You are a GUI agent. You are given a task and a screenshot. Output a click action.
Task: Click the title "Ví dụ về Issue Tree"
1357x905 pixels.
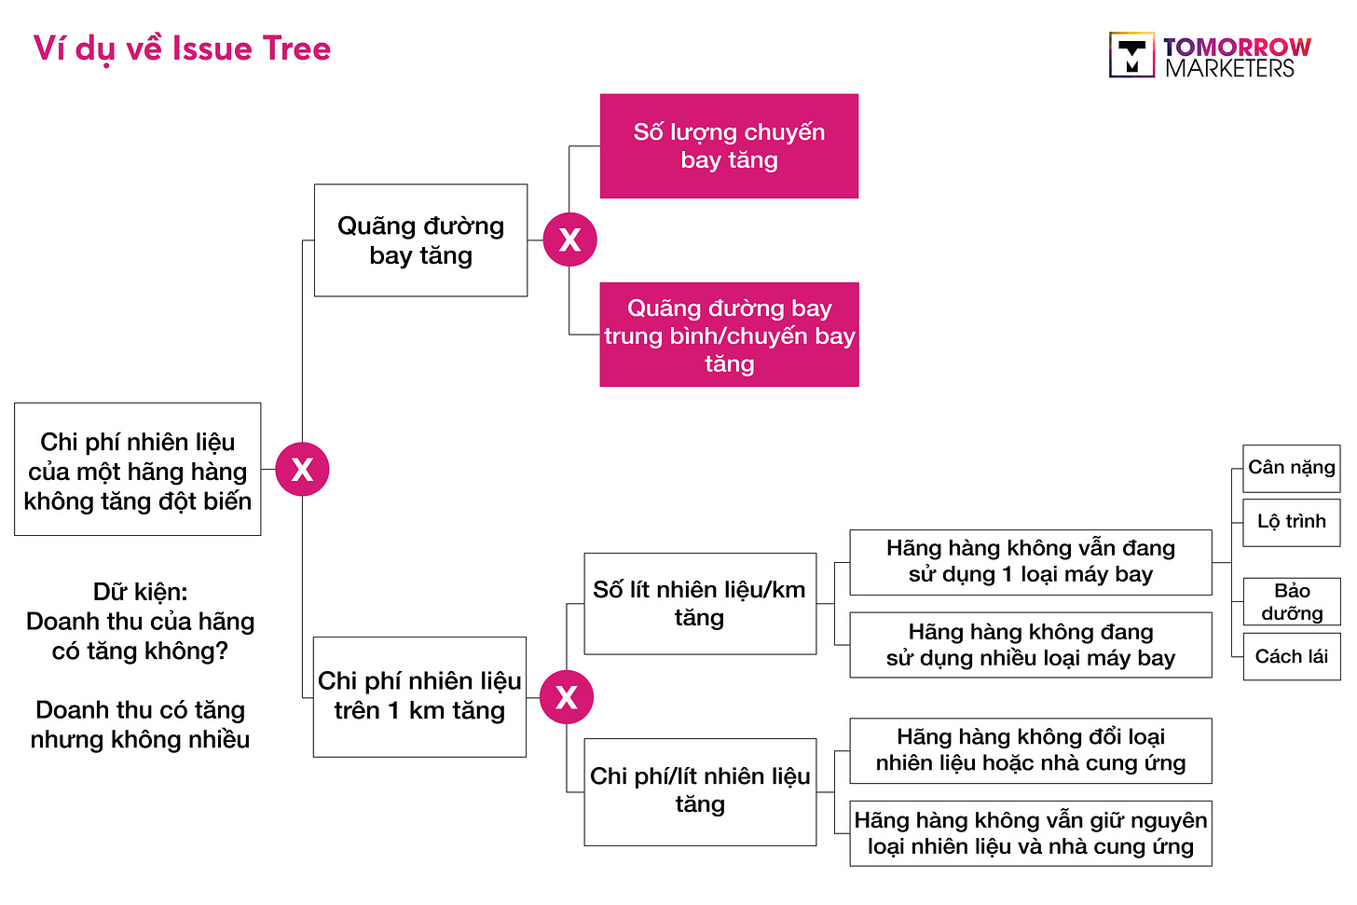[x=182, y=48]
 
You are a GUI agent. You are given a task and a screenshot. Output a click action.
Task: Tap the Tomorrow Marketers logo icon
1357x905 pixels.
[x=1131, y=55]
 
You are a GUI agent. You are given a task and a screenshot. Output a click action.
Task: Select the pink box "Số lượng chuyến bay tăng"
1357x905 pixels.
[x=729, y=146]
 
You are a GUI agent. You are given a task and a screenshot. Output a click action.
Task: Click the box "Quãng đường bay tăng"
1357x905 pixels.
[x=420, y=240]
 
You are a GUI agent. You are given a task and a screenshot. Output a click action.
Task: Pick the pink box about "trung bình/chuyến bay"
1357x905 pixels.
[x=729, y=335]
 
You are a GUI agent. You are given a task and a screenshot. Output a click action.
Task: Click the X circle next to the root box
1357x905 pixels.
[x=302, y=469]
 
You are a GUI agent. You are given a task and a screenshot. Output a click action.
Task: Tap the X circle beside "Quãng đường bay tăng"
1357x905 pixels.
[x=569, y=240]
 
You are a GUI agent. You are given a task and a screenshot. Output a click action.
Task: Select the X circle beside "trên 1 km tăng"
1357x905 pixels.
[x=566, y=697]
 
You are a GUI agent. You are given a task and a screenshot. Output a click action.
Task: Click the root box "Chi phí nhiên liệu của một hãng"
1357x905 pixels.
[x=138, y=470]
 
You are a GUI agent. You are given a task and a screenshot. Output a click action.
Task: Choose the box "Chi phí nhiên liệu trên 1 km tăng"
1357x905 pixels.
[x=419, y=696]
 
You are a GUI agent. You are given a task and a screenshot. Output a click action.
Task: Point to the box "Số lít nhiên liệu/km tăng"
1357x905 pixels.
[x=700, y=604]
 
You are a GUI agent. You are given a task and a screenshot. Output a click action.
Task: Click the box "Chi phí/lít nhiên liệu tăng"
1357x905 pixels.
[x=700, y=791]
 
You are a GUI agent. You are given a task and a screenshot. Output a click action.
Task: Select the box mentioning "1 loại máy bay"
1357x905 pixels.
[x=1030, y=562]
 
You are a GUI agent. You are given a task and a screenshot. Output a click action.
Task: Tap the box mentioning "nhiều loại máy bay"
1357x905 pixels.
[x=1030, y=645]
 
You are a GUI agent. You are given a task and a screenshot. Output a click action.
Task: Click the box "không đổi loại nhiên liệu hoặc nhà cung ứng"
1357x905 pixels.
[x=1030, y=750]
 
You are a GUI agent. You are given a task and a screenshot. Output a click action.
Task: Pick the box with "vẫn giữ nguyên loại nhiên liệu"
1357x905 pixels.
[x=1030, y=833]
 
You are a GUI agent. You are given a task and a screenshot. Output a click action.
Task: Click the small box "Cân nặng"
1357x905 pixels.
[x=1291, y=468]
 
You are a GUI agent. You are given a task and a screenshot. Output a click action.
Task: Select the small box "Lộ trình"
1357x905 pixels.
[x=1291, y=522]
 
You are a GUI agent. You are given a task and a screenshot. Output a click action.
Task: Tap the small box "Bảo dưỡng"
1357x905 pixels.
[x=1291, y=602]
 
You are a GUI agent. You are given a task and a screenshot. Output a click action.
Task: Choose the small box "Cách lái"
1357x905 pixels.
[x=1291, y=657]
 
